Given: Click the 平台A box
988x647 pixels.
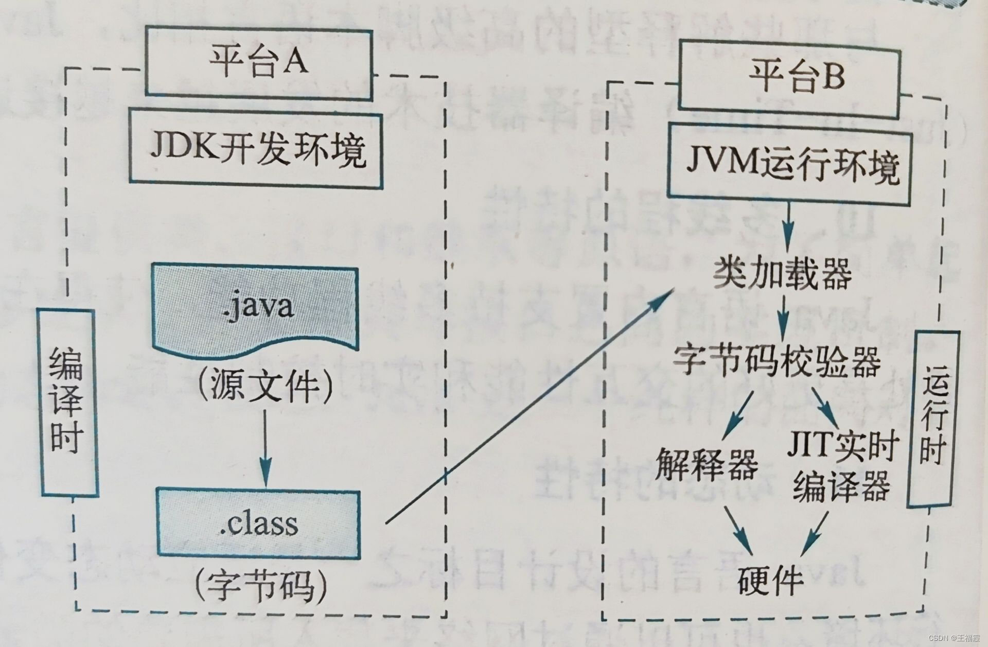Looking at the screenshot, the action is tap(258, 62).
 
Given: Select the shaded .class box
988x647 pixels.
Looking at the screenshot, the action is tap(258, 524).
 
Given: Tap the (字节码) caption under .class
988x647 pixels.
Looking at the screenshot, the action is tap(261, 587).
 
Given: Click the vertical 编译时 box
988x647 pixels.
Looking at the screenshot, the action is tap(67, 401).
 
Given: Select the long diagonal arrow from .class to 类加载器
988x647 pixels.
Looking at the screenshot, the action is tap(530, 407).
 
